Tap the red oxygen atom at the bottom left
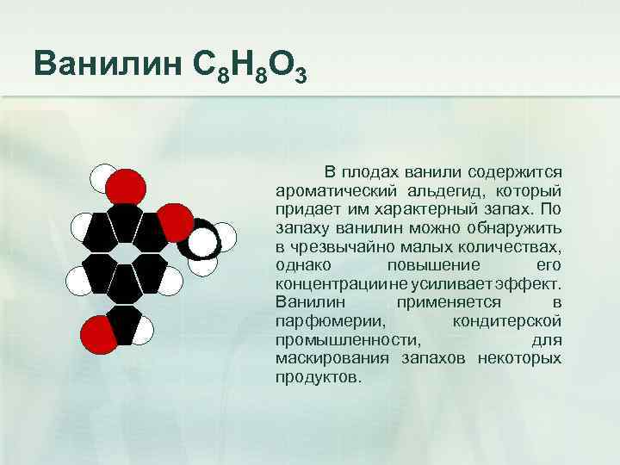pyautogui.click(x=96, y=333)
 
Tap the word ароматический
pyautogui.click(x=337, y=189)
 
